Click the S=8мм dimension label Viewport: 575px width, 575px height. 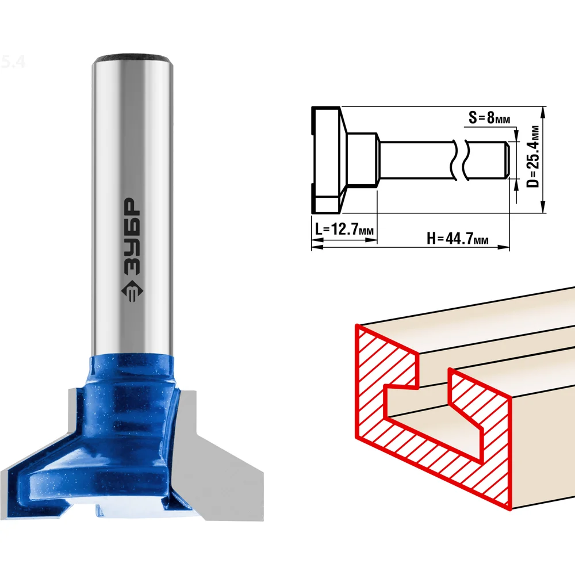[x=489, y=117]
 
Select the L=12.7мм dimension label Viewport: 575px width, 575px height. [x=344, y=229]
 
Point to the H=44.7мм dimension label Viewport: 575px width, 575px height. [x=458, y=239]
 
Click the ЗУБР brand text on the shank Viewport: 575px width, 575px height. [x=132, y=236]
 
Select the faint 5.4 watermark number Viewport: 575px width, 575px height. [x=13, y=62]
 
